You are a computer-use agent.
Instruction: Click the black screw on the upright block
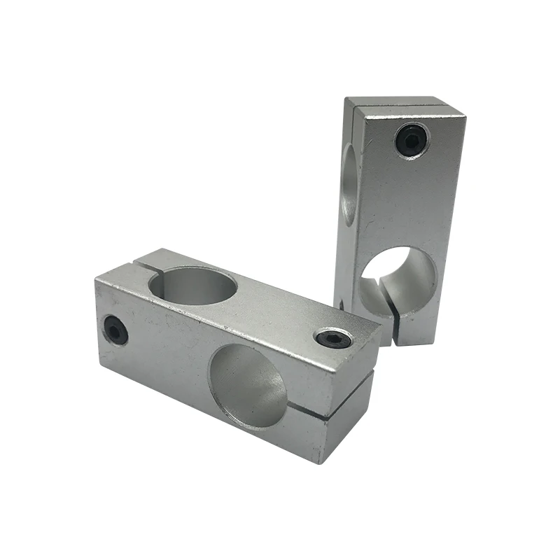tap(411, 141)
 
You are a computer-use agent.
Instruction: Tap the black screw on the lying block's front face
tap(115, 330)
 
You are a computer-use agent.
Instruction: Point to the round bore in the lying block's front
tap(248, 386)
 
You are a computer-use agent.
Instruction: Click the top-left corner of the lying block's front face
tap(96, 278)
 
